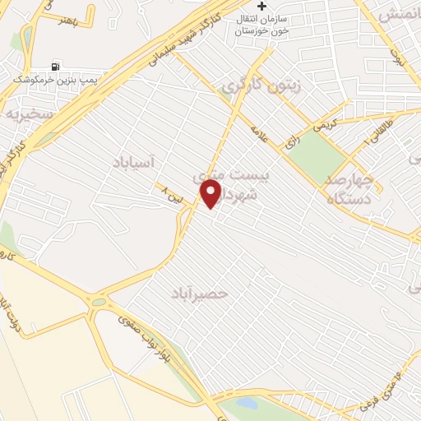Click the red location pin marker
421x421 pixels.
tap(211, 194)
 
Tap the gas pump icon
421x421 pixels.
tap(55, 67)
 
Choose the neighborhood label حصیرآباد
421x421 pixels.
tap(200, 292)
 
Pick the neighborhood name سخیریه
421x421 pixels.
tap(30, 113)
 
